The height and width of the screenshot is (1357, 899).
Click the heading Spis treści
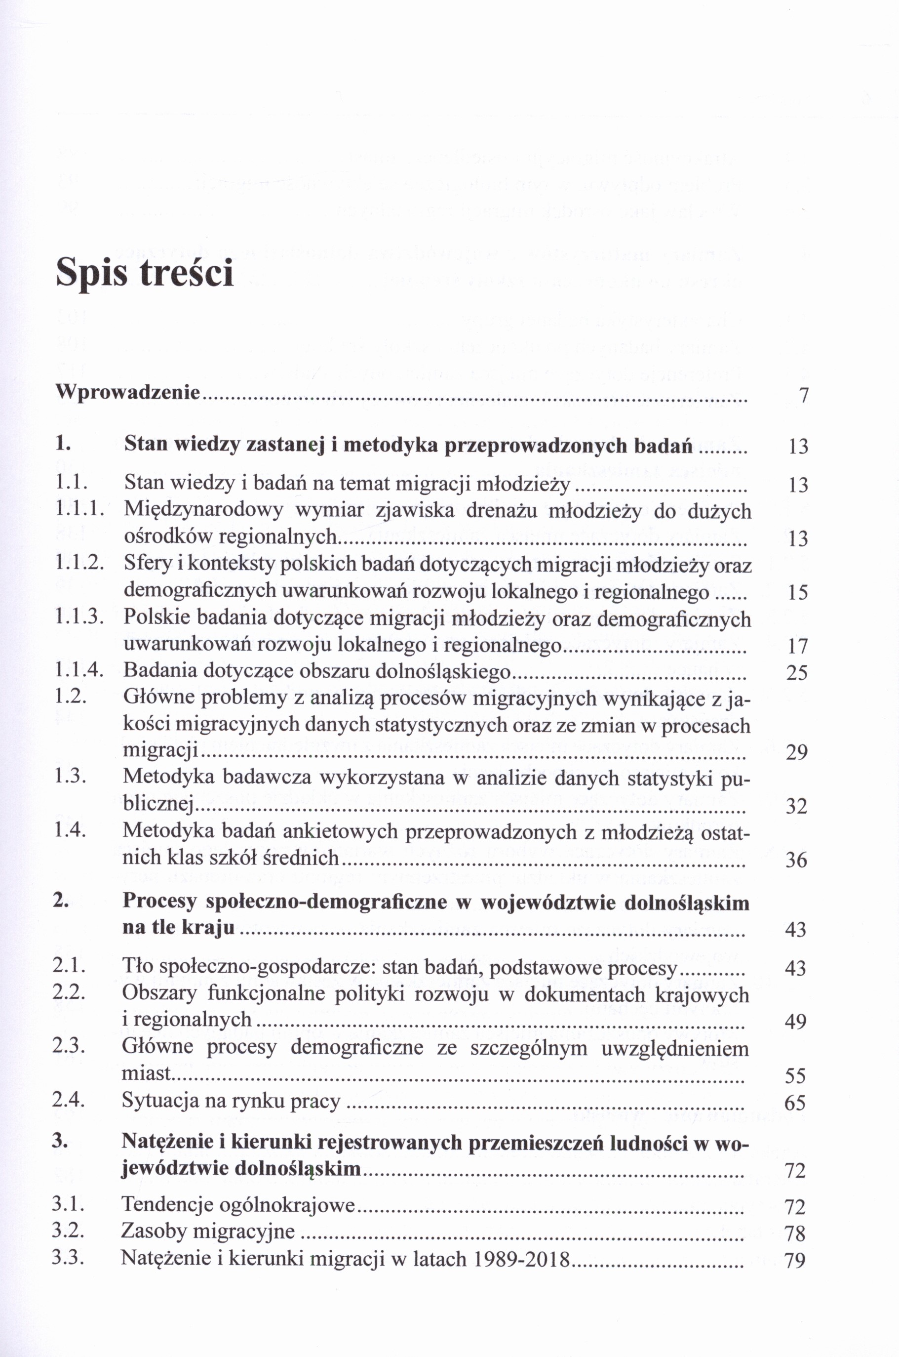coord(145,273)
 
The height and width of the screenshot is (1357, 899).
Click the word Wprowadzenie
coord(128,393)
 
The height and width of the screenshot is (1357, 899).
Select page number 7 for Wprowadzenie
coord(803,395)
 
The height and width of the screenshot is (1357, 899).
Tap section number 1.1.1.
coord(79,509)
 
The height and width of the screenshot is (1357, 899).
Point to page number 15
coord(797,592)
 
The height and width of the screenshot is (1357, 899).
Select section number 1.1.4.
coord(79,670)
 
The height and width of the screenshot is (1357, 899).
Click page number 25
coord(797,672)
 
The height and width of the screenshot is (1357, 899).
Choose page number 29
coord(796,752)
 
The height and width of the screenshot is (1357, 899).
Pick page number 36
coord(796,860)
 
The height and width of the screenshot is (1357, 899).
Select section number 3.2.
coord(69,1231)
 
